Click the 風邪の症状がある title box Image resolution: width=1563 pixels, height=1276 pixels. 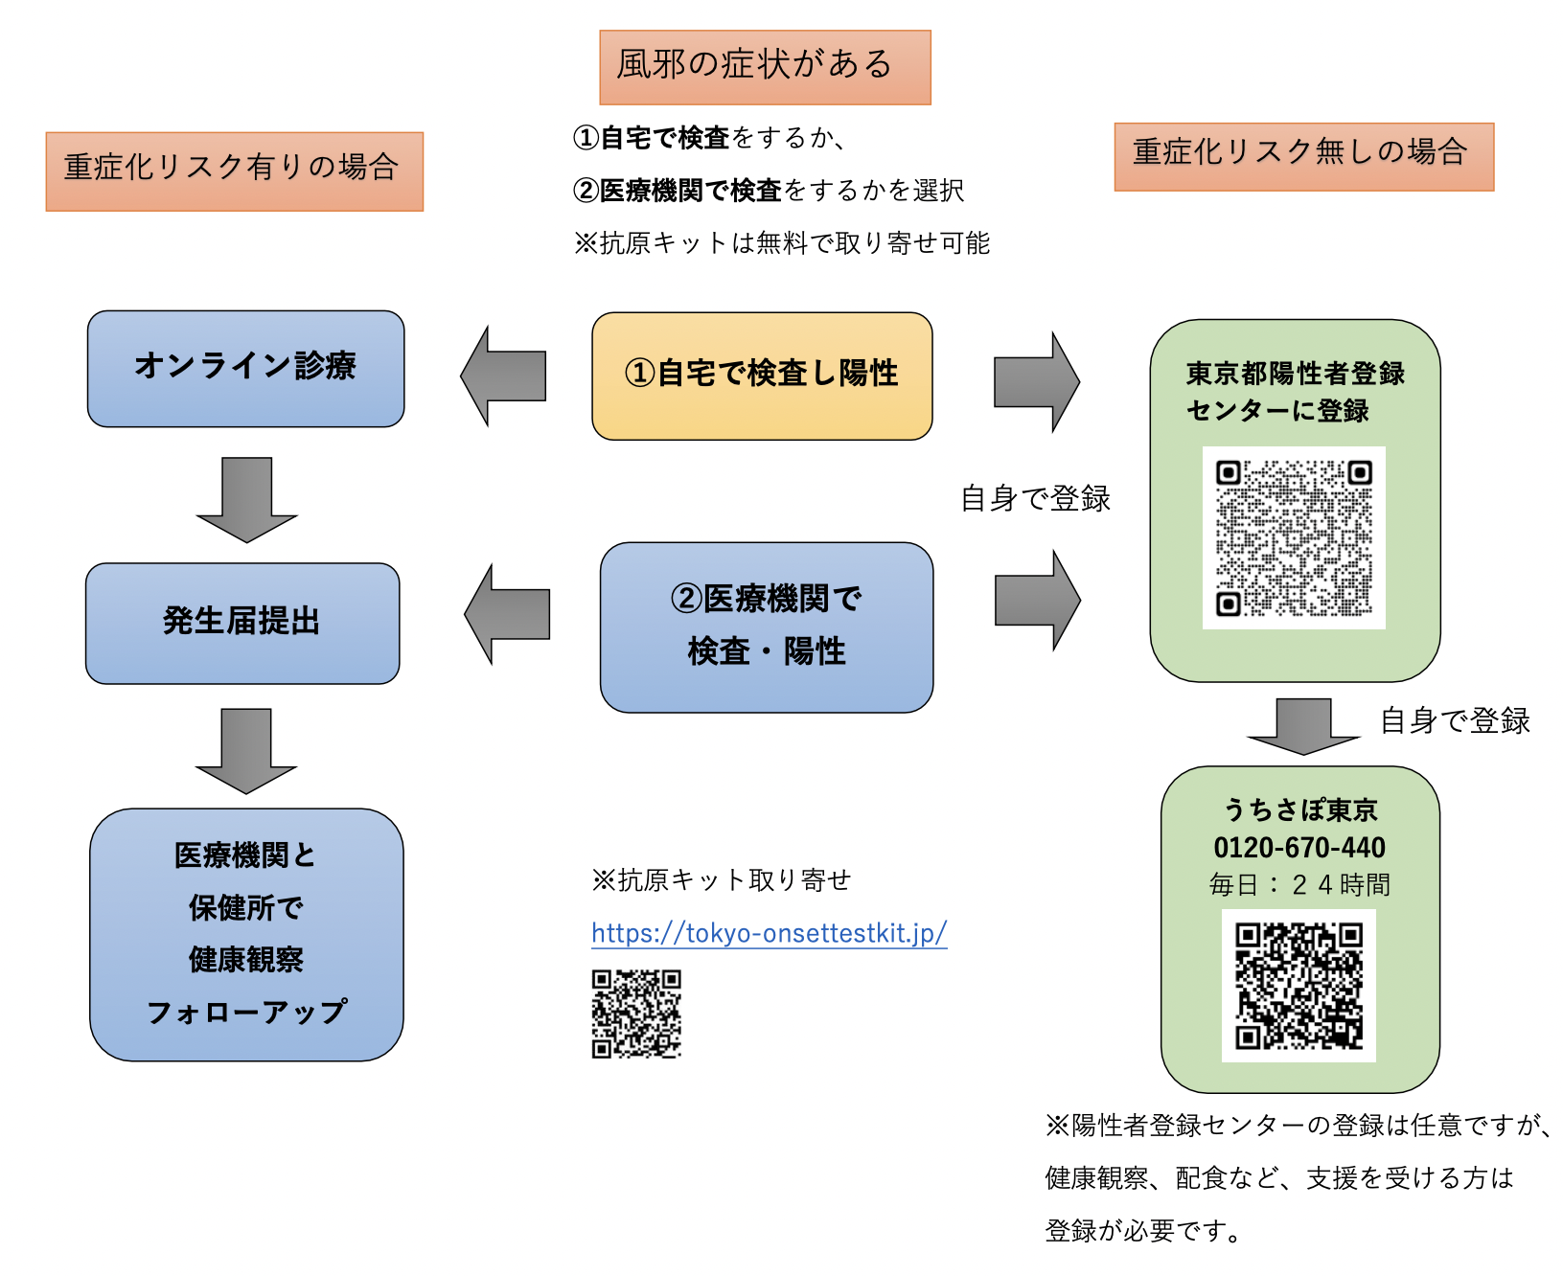[765, 67]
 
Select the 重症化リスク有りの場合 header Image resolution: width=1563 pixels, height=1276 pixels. [235, 171]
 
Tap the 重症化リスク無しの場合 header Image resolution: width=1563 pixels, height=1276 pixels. [1303, 156]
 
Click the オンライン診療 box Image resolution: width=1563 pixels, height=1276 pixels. [245, 368]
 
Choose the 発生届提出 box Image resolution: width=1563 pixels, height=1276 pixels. [242, 623]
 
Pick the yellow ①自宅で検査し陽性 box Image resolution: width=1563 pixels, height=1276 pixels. [762, 376]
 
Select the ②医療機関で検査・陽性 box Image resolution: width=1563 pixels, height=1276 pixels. [767, 627]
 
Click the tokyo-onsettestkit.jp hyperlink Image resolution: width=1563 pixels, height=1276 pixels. [769, 933]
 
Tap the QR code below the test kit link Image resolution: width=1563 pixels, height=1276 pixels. [636, 1014]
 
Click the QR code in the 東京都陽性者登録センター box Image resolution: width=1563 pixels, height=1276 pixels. [1294, 537]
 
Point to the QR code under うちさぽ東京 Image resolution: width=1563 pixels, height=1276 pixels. [1299, 986]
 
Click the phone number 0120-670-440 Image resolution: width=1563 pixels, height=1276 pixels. [1299, 848]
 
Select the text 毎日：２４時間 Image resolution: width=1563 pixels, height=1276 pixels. [1299, 884]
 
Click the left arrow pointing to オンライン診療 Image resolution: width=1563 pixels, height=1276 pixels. [506, 376]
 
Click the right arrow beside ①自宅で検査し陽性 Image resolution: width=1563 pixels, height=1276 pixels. [1035, 381]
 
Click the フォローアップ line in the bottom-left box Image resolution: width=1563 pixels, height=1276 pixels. [246, 1013]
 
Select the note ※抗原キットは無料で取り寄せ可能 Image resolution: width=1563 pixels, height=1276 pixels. [781, 243]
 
